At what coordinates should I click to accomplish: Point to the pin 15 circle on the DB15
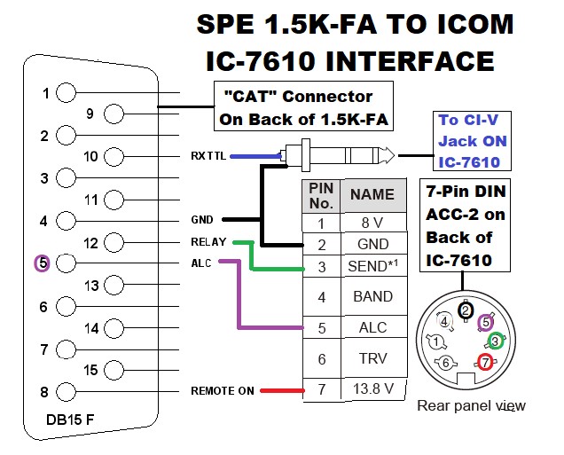pos(114,370)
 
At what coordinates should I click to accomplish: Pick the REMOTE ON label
pos(223,390)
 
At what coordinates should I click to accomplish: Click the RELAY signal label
pos(208,241)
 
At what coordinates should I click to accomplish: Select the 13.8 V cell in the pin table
pos(373,389)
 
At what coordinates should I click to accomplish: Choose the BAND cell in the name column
pos(373,297)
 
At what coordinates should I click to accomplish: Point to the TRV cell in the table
pos(373,359)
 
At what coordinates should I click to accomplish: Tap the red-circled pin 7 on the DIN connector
pos(485,362)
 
